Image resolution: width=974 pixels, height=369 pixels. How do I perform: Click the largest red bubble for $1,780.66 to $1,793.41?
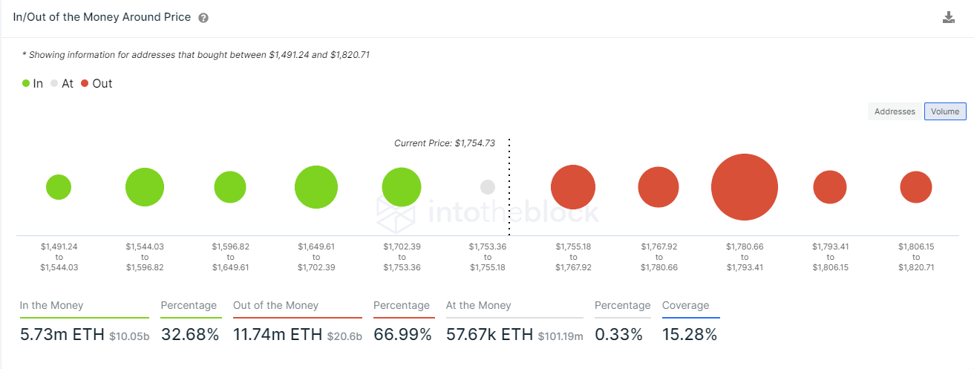pos(744,187)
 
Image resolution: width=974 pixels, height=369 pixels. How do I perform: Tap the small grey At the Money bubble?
pos(488,187)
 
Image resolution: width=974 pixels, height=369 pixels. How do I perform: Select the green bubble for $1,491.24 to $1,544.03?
pos(59,187)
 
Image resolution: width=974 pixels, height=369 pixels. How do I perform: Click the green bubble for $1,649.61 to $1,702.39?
pos(316,187)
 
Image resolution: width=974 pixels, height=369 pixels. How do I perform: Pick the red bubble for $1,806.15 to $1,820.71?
pos(916,187)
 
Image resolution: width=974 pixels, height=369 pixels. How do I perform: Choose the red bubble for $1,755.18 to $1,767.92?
pos(573,187)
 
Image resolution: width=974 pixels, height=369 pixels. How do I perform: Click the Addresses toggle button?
pos(895,111)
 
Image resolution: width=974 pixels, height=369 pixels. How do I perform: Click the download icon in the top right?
pos(948,18)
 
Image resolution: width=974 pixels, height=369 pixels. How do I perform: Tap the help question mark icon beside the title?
pos(203,18)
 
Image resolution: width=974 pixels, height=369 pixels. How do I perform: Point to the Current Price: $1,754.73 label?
pos(444,143)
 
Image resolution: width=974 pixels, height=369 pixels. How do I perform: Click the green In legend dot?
pos(26,84)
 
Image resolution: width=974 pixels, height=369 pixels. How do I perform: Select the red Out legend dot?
pos(85,84)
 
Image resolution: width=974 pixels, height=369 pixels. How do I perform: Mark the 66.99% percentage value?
pos(402,335)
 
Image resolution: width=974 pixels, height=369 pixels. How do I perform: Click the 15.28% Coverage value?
pos(690,335)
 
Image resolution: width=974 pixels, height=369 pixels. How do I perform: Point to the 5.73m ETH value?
pos(62,335)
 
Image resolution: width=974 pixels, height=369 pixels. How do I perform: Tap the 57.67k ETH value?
pos(489,335)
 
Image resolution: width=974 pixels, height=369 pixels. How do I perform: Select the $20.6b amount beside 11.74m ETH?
pos(344,336)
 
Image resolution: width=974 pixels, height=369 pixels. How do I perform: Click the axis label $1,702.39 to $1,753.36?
pos(402,256)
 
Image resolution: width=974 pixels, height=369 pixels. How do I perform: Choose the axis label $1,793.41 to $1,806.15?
pos(830,256)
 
